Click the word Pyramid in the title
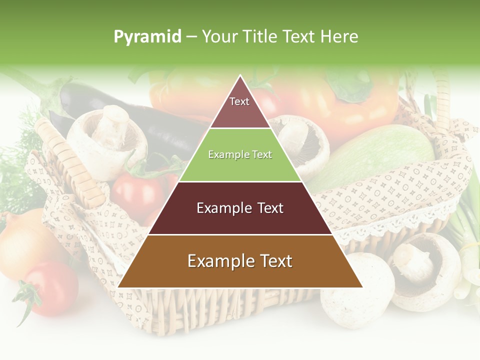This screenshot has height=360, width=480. pos(147,37)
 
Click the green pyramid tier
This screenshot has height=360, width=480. pos(240,155)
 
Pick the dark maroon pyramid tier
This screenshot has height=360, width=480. pos(240,208)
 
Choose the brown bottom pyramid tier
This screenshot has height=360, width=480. pos(240,261)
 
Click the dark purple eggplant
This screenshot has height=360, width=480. pos(150,120)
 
